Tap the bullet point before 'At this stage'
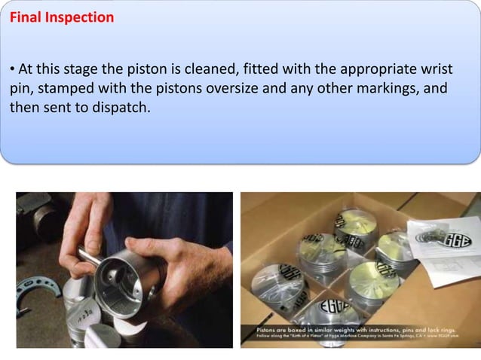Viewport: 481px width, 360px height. click(x=13, y=71)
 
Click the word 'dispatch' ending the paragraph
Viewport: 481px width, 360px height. click(x=121, y=107)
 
